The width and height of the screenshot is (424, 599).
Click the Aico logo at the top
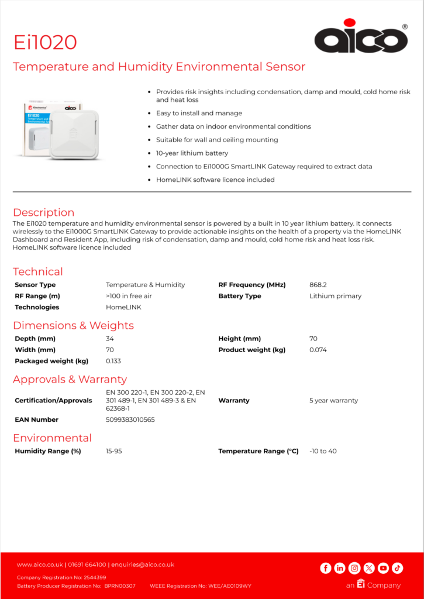360,38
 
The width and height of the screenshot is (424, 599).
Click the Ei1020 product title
45,42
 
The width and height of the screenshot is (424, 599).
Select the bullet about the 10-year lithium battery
192,153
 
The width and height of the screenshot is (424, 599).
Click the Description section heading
43,212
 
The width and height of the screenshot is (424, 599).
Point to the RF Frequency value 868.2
318,285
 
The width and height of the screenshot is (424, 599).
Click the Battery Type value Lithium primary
335,296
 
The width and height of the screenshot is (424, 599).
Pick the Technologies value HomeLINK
123,307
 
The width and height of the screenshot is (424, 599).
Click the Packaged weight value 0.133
113,361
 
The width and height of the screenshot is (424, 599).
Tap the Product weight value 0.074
318,350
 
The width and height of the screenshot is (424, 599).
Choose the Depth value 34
110,339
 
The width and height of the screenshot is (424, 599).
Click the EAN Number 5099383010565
130,419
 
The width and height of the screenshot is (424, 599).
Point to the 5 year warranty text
333,401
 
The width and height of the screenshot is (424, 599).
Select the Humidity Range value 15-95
114,451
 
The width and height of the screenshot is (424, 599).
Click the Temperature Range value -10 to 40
323,451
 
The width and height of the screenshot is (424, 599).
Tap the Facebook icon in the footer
326,568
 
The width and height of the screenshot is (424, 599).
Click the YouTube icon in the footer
383,568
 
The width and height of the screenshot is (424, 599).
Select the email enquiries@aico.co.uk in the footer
143,564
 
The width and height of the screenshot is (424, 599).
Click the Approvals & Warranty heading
70,379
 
